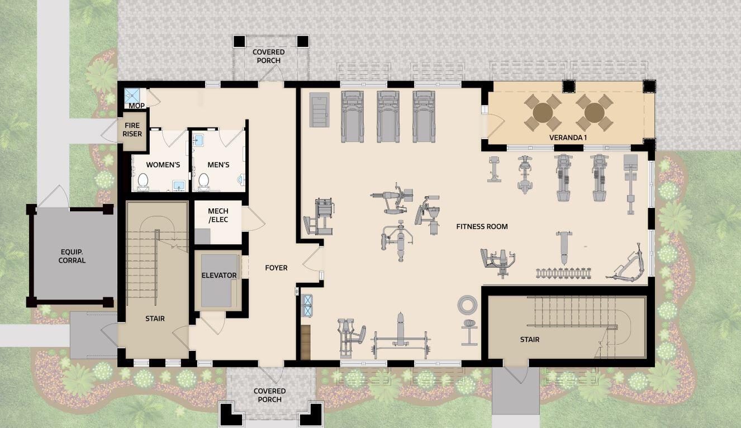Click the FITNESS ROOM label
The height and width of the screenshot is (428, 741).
[482, 226]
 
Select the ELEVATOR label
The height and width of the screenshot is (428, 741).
[219, 275]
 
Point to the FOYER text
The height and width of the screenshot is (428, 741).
[276, 268]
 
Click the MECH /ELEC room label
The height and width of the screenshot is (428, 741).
[218, 215]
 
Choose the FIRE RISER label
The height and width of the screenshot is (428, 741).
[132, 130]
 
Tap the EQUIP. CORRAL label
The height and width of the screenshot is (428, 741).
[72, 256]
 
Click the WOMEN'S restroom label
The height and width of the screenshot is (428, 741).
[163, 165]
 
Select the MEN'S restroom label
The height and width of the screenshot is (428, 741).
[218, 165]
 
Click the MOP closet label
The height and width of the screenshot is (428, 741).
[136, 106]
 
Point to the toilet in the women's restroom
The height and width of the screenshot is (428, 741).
[142, 180]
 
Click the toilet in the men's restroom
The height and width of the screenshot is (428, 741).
[203, 180]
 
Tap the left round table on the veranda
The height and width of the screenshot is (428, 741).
[543, 112]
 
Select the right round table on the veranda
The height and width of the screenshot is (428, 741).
[594, 112]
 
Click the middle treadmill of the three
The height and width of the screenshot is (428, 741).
[388, 116]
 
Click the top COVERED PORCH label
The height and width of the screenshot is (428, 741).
[268, 56]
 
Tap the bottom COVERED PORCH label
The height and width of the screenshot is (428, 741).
[269, 395]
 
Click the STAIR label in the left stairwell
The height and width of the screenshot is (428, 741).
[155, 318]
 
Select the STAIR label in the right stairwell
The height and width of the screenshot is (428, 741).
[530, 339]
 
